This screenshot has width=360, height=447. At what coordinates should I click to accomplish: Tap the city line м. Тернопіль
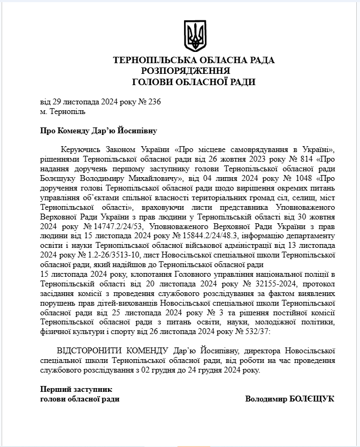pos(63,112)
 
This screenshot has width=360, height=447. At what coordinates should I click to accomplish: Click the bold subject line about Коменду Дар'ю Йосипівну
pos(99,130)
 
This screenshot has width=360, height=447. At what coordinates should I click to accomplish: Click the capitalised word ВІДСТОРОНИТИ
pos(78,351)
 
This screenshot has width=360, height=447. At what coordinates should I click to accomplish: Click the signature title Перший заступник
pos(76,389)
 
